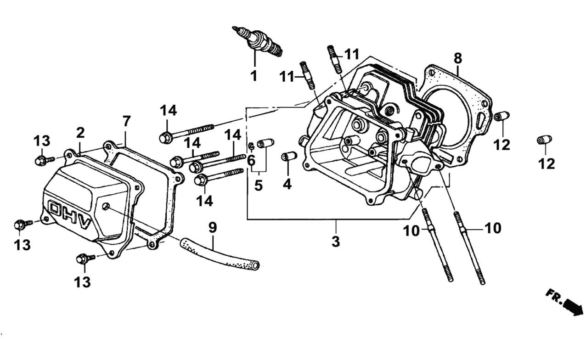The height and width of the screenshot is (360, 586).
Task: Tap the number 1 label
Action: coord(254,76)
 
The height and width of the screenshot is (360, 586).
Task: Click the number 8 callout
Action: coord(457,58)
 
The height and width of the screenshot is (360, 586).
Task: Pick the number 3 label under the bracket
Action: coord(336,241)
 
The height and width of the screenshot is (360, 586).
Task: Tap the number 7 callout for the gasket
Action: coord(126,121)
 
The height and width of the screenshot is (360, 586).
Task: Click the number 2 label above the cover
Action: coord(80,133)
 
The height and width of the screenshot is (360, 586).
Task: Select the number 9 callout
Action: coord(212,227)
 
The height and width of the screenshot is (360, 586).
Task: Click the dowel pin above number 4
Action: coord(289,157)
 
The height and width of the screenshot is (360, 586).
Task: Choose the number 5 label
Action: coord(259,186)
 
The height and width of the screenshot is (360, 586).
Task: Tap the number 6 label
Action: coord(251,160)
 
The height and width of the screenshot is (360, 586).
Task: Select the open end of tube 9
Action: coord(255,265)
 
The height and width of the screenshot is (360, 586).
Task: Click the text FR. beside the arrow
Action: coord(554,295)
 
